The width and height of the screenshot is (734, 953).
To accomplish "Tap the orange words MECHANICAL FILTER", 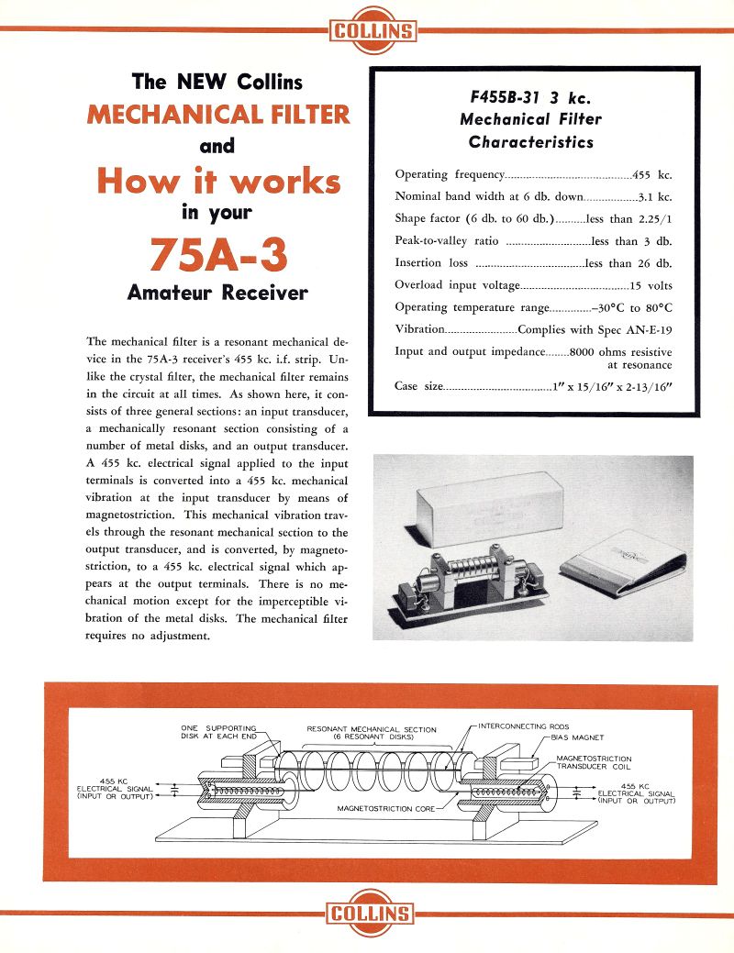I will [x=218, y=115].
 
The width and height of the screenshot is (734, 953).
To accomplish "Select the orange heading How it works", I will [x=218, y=181].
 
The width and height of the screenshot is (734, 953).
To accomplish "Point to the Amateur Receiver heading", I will [x=218, y=294].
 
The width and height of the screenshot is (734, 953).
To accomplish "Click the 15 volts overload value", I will [x=651, y=285].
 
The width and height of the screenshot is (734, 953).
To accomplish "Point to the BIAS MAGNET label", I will [x=577, y=737].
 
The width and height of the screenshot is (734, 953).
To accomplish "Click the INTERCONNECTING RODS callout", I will [x=524, y=726].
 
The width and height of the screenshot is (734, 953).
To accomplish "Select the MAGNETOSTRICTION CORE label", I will [x=384, y=809].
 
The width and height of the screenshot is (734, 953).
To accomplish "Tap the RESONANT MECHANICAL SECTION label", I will [x=372, y=730].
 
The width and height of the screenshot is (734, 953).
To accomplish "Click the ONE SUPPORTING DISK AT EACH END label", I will [x=218, y=732].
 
